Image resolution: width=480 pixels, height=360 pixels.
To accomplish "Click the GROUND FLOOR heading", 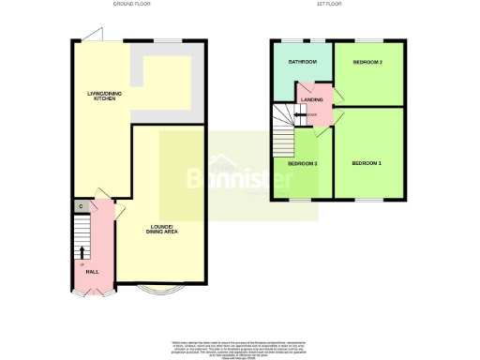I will click(131, 4).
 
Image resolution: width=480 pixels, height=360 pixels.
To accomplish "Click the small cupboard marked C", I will click(82, 206).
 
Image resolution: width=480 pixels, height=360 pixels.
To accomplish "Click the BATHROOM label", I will click(302, 62).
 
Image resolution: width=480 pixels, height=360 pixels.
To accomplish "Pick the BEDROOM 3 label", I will click(302, 163).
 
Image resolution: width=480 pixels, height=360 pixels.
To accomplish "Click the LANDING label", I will click(311, 97).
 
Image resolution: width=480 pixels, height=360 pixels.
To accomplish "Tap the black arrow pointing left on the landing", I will click(300, 115).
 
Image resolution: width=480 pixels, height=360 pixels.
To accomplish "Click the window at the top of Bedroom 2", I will click(367, 39).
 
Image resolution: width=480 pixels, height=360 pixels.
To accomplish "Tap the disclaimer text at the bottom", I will click(239, 346).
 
